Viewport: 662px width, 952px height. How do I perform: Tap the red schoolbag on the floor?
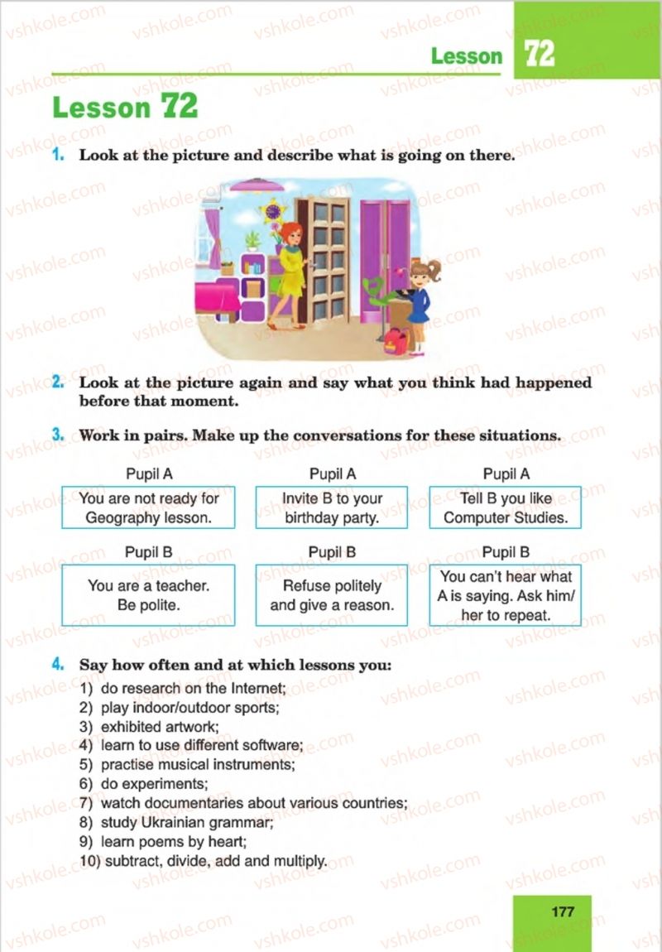[x=396, y=340]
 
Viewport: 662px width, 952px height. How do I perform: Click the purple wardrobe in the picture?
[x=384, y=257]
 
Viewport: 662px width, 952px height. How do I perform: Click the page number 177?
[x=562, y=911]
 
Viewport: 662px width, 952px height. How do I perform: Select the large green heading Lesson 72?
[x=125, y=108]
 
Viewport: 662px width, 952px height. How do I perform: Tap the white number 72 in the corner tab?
[x=539, y=55]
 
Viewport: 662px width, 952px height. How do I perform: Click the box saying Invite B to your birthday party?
[x=332, y=507]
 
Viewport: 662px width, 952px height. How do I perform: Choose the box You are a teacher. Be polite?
[x=148, y=595]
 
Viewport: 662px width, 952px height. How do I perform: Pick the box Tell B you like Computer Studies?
[x=505, y=507]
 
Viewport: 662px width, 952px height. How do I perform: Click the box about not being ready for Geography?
[x=148, y=507]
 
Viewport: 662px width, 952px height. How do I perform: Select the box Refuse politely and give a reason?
[x=332, y=595]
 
